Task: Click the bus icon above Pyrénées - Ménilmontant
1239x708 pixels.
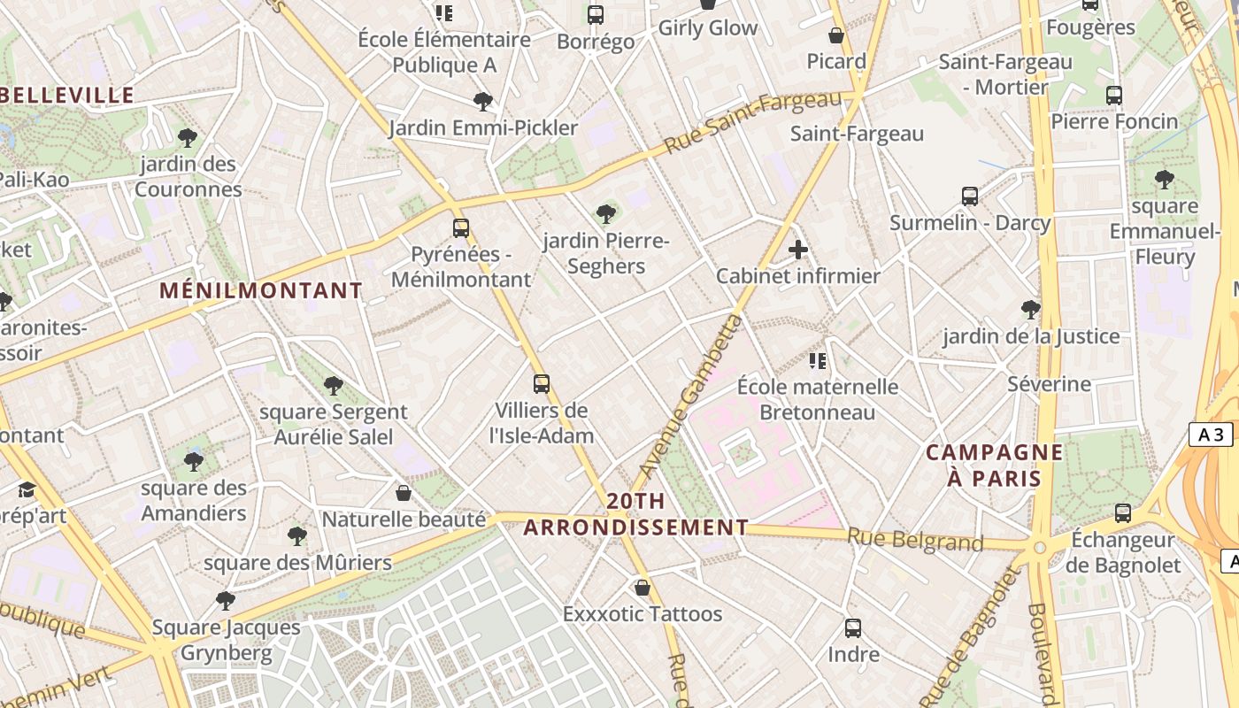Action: click(460, 227)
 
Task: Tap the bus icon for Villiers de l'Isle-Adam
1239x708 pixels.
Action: click(542, 383)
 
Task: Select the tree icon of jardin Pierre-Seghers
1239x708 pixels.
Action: click(606, 213)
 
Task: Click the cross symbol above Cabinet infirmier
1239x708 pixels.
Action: click(798, 250)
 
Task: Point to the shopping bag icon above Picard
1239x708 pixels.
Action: click(835, 35)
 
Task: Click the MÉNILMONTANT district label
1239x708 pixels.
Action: click(261, 290)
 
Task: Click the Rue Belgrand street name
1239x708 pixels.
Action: click(915, 539)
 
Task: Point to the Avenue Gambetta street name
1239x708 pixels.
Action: click(689, 394)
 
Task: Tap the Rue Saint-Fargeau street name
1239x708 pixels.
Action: click(752, 121)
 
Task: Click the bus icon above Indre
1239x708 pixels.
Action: click(853, 628)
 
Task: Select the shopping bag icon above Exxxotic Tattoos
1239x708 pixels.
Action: click(643, 587)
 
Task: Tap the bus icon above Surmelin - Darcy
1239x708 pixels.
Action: click(970, 196)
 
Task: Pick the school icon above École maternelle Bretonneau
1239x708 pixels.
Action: click(818, 360)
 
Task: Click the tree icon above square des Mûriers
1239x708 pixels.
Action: click(297, 535)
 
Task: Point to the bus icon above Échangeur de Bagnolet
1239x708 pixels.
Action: click(1123, 512)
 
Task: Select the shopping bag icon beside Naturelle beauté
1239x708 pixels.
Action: click(404, 492)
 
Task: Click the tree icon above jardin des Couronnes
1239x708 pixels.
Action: click(187, 137)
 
